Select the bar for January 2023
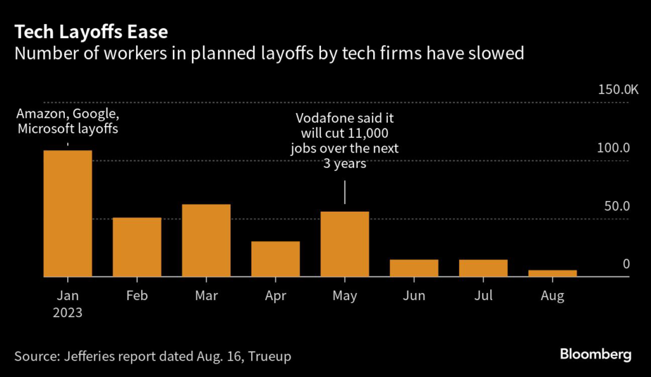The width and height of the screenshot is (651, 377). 67,214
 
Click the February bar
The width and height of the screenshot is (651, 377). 137,247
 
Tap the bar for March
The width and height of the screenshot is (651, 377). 206,240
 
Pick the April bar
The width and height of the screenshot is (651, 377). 275,259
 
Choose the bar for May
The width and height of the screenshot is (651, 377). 345,244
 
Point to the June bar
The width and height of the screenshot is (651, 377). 414,268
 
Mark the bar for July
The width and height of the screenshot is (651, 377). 483,268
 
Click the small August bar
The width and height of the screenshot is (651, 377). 552,273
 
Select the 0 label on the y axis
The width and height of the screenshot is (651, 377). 626,264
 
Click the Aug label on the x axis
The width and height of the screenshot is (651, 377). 552,296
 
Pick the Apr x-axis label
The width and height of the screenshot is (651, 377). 275,296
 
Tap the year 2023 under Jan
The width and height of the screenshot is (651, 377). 67,313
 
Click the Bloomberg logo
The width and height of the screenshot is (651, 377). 596,354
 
